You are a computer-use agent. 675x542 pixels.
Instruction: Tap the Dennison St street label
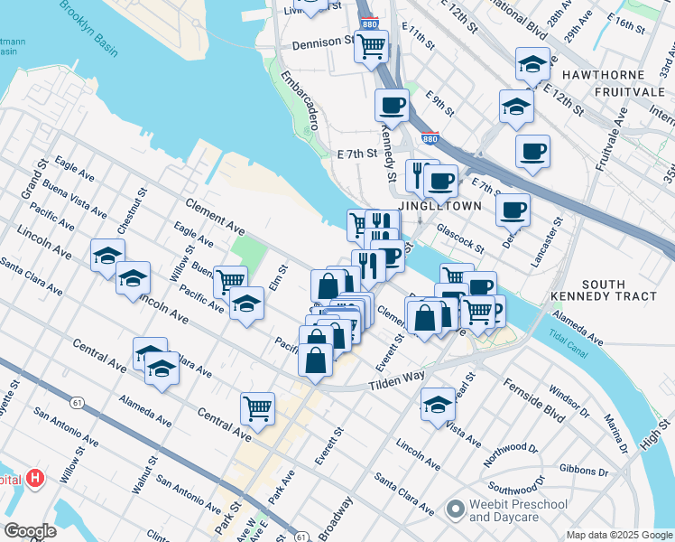[323, 42]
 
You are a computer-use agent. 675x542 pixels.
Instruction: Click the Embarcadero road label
[301, 101]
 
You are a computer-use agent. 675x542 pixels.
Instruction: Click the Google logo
[30, 531]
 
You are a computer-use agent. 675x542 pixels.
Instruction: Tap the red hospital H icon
[35, 478]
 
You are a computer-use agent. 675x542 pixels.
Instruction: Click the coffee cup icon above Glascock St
[513, 210]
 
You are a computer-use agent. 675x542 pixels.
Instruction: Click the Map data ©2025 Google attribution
[618, 535]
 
